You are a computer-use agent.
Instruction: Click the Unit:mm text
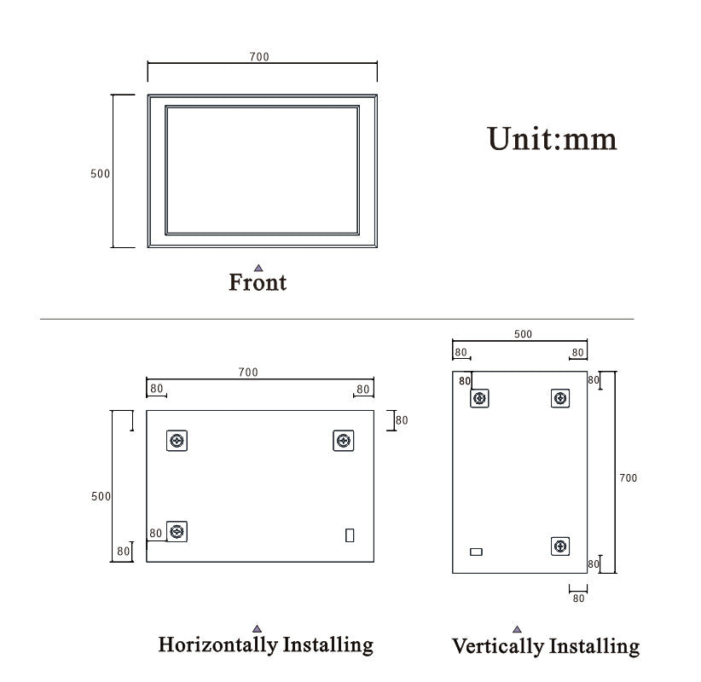click(x=552, y=138)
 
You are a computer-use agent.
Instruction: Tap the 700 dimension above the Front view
click(x=259, y=57)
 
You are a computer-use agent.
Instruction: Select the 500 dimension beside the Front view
click(x=101, y=173)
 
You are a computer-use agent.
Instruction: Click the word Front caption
click(x=258, y=282)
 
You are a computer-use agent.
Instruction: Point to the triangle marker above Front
click(x=258, y=268)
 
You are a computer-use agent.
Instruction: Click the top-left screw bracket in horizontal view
click(x=177, y=441)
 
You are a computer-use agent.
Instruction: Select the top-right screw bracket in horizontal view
click(x=343, y=441)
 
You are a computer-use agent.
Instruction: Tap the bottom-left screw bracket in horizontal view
click(x=177, y=532)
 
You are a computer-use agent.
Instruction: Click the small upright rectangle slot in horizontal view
click(x=350, y=535)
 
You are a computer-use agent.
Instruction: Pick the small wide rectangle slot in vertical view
click(x=476, y=552)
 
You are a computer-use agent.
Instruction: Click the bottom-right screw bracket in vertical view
click(x=560, y=546)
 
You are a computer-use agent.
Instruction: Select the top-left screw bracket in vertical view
click(x=481, y=398)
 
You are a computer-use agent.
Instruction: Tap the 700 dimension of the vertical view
click(x=628, y=478)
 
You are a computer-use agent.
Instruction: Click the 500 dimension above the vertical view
click(x=523, y=334)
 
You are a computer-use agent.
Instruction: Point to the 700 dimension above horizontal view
click(x=248, y=373)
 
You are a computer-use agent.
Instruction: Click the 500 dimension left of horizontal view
click(x=101, y=496)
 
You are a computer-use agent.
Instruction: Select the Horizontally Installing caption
click(x=266, y=644)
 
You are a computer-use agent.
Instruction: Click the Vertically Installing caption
click(x=546, y=646)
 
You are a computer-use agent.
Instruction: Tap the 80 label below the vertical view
click(x=579, y=598)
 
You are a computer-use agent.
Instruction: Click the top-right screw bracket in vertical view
click(x=560, y=398)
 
